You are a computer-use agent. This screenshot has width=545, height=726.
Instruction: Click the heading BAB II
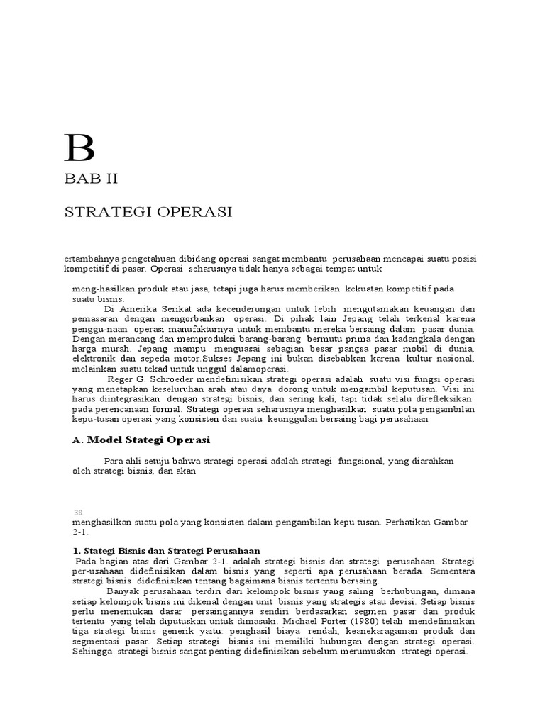(90, 179)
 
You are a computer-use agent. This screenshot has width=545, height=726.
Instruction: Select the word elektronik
(93, 359)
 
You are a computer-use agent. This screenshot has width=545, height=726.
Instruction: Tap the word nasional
(454, 359)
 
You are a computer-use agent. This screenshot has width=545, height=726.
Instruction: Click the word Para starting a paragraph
(114, 461)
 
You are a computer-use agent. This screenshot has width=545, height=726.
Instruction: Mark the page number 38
(77, 513)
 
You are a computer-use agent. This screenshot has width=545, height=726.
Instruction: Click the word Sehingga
(92, 652)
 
